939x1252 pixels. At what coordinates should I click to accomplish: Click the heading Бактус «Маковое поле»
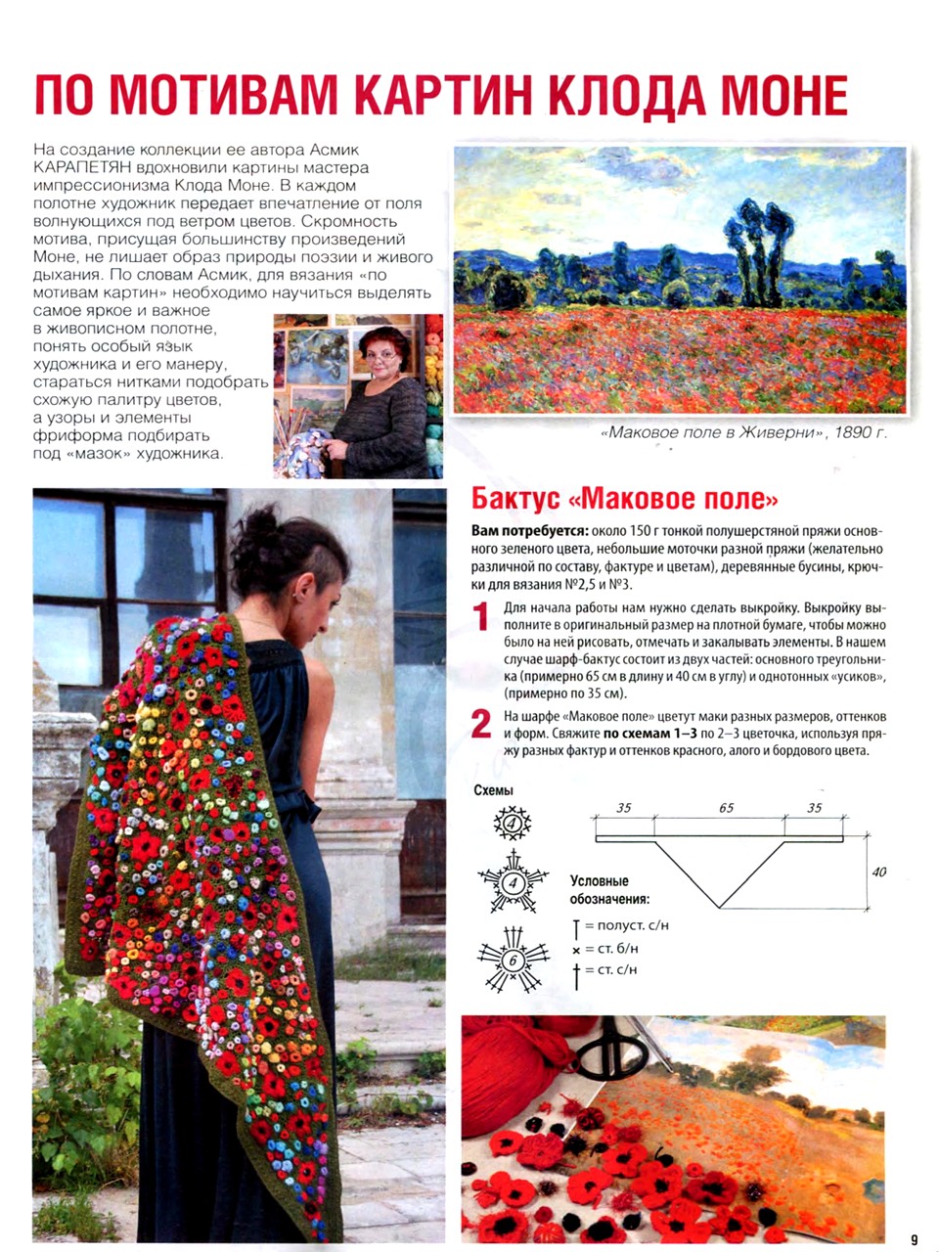tap(625, 499)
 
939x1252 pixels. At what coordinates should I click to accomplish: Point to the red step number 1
tap(481, 617)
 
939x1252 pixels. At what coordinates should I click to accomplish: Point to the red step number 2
tap(481, 725)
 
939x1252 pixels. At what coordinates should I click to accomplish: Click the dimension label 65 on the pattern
tap(726, 808)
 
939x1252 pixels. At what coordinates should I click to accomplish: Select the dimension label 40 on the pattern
tap(878, 872)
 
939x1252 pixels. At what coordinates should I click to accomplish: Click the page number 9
tap(914, 1239)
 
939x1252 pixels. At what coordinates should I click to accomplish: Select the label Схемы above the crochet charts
tap(493, 790)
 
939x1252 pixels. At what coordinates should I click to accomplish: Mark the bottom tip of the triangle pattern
tap(720, 908)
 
